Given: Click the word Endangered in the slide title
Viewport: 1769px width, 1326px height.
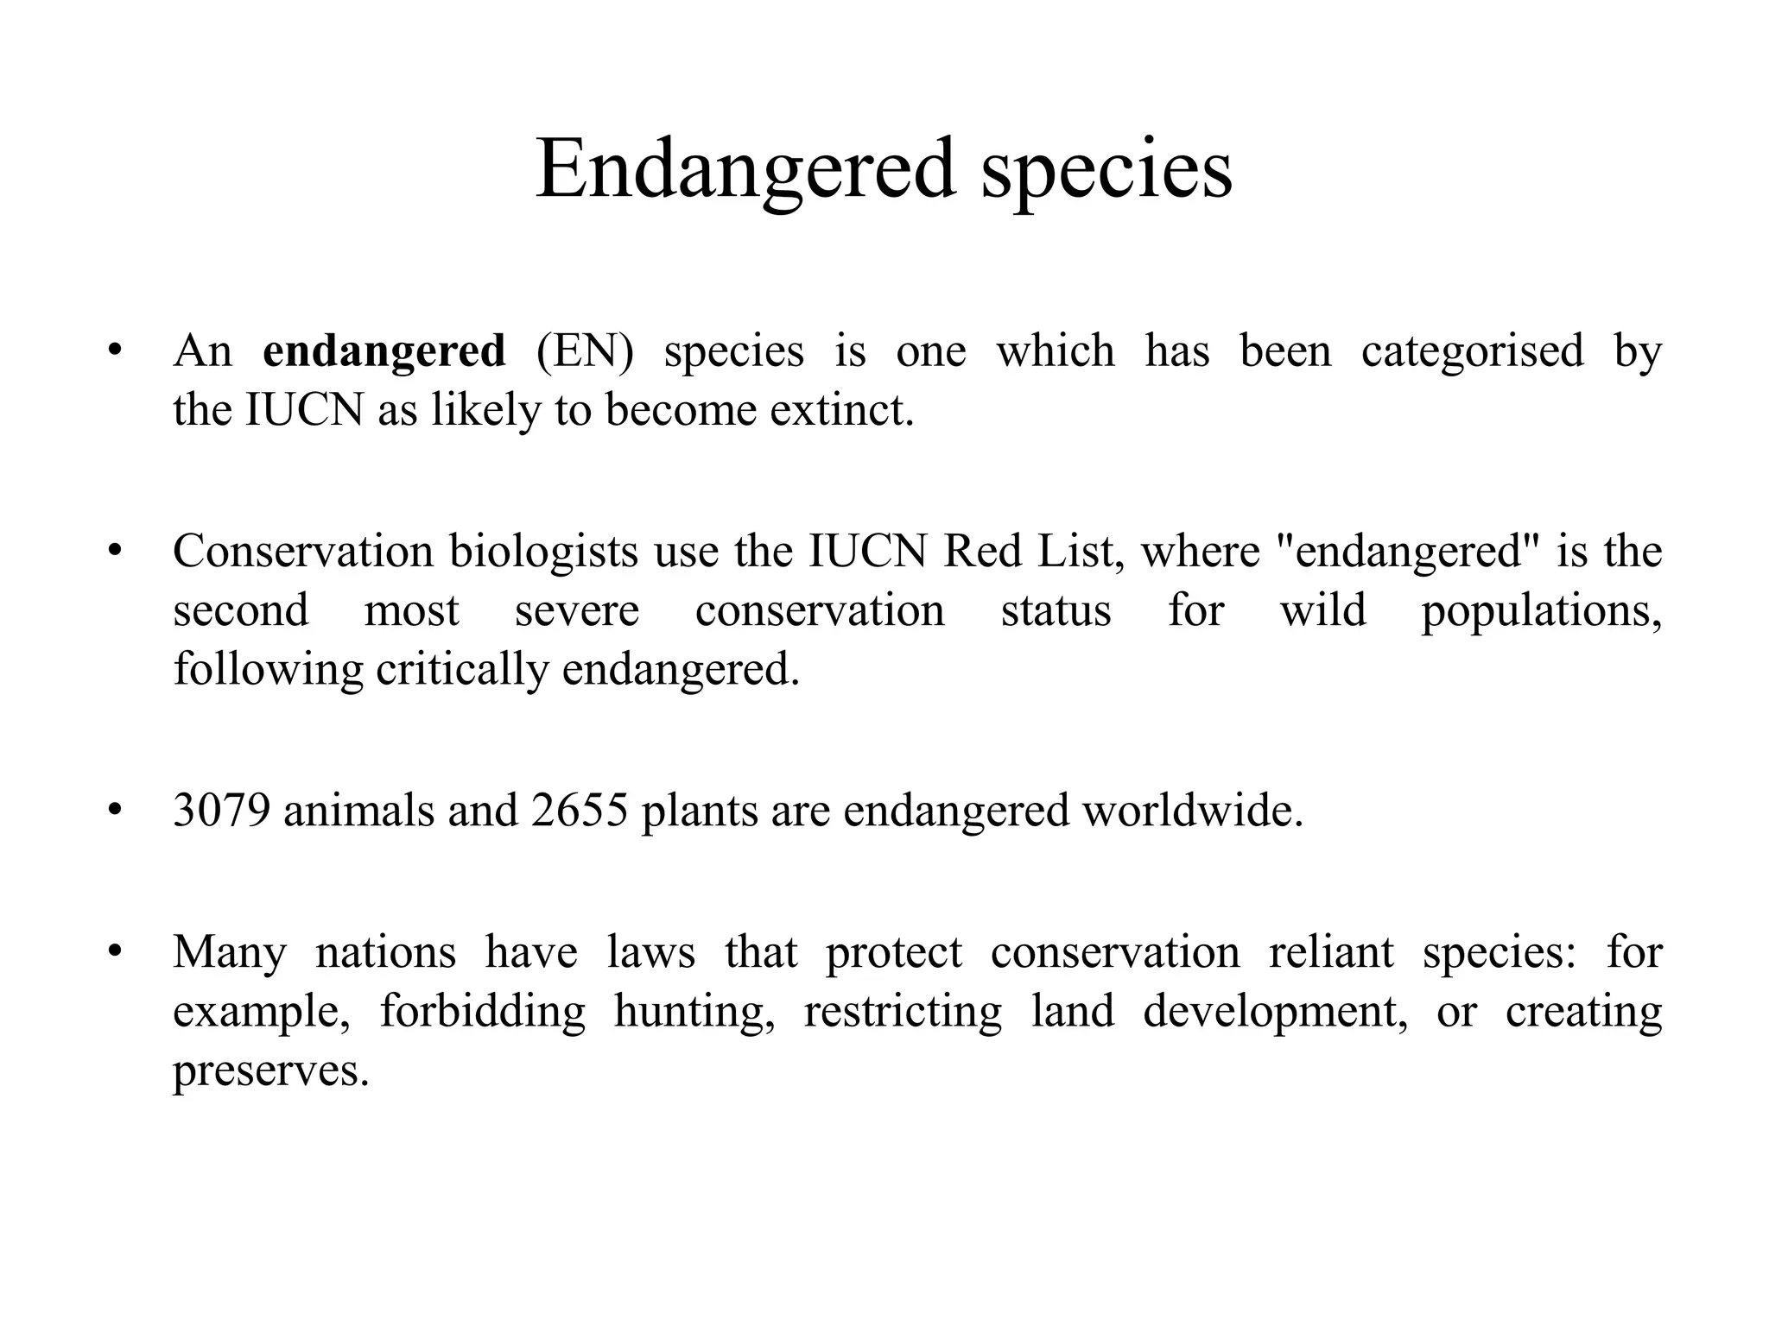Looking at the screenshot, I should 745,170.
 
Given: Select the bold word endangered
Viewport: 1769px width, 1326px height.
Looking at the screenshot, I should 384,351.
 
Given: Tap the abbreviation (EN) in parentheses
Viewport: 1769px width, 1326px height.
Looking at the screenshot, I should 585,351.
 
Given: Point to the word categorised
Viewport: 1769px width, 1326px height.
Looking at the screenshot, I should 1472,351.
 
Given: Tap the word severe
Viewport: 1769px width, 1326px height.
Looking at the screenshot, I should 577,610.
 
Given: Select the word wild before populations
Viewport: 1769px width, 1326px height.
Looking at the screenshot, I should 1322,610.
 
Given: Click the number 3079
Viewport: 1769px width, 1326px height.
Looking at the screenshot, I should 221,811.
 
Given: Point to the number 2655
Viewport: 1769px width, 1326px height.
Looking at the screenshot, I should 579,811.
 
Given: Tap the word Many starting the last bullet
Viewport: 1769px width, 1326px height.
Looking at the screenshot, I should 229,952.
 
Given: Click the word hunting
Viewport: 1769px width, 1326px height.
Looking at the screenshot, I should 694,1011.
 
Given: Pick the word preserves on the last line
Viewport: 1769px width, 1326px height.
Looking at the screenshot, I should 270,1070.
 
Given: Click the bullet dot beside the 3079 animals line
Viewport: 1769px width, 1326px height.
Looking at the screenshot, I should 114,811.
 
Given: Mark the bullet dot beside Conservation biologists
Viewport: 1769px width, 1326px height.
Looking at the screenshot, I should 114,551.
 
